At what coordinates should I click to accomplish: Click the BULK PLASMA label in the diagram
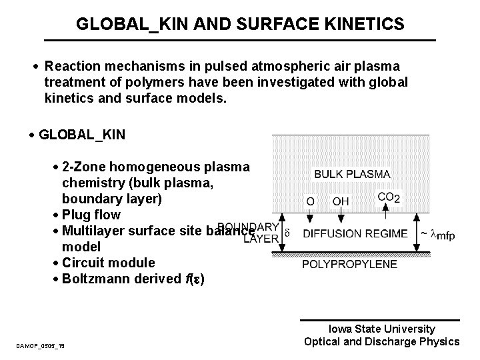(352, 174)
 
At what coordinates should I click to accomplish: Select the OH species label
(341, 201)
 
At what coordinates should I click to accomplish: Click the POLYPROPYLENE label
(349, 265)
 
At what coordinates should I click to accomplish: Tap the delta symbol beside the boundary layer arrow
(287, 233)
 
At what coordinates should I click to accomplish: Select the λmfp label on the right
(441, 235)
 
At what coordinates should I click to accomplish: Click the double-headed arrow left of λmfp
(417, 233)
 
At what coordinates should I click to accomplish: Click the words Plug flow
(91, 215)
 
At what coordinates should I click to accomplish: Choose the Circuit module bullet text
(108, 263)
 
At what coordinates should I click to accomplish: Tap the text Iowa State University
(381, 329)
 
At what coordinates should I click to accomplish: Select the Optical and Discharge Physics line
(381, 342)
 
